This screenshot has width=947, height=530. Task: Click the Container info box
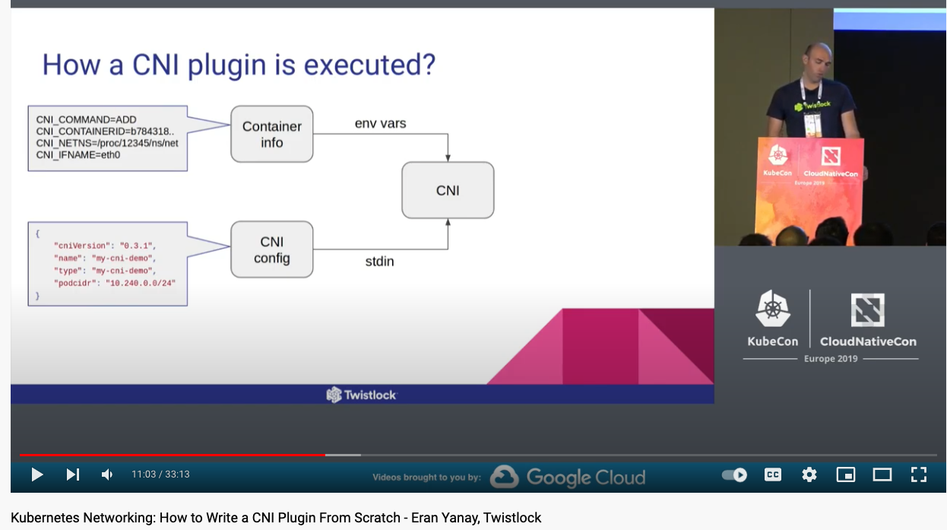pos(272,134)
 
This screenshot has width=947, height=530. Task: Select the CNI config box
pos(272,249)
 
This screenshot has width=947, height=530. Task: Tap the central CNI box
pos(448,190)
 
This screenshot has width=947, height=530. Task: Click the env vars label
pos(381,123)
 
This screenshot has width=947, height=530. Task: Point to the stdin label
pos(380,262)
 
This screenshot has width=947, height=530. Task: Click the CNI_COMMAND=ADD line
pos(86,119)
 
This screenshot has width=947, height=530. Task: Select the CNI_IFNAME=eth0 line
pos(78,155)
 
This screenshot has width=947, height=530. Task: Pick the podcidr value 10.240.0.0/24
pos(141,283)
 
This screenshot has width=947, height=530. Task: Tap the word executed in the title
pos(369,65)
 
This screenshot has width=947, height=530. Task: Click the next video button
pos(73,474)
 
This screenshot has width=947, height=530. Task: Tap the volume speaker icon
pos(107,474)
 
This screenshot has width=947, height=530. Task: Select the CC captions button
pos(773,474)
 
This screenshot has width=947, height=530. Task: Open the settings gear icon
pos(809,474)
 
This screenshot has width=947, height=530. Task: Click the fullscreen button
pos(919,474)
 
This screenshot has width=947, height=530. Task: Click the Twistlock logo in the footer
pos(362,395)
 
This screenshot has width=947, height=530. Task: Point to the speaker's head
pos(818,59)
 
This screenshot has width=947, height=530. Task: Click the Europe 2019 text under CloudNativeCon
pos(831,359)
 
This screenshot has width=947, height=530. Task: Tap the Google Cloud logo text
pos(586,477)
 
